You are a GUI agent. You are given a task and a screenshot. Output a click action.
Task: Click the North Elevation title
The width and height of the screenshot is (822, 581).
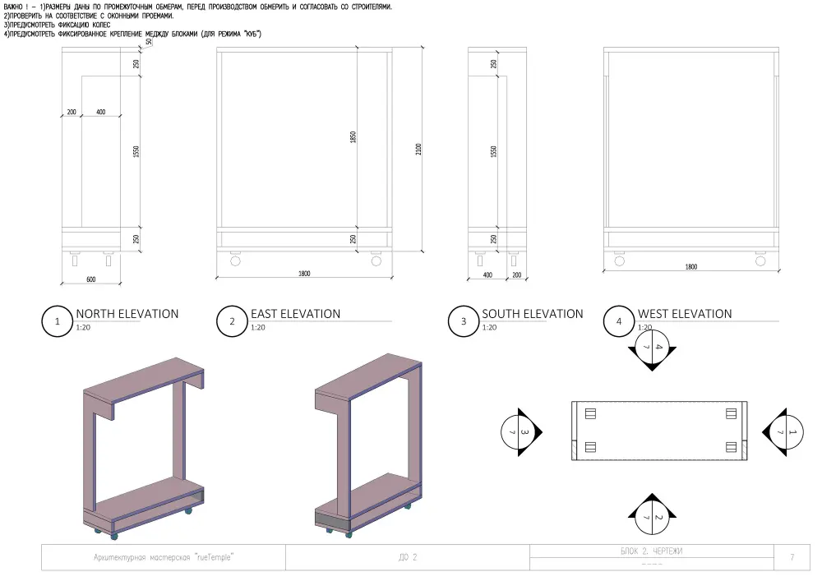(127, 314)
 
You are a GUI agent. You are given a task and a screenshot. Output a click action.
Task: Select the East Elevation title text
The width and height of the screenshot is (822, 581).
(296, 314)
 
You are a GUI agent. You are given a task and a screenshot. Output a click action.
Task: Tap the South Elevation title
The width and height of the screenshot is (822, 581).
(533, 314)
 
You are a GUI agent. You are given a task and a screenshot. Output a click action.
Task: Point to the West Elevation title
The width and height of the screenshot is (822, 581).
(685, 314)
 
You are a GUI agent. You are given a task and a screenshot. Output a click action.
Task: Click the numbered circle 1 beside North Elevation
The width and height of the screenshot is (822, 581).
(58, 321)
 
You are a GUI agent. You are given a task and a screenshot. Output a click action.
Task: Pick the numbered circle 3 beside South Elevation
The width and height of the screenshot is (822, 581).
(464, 321)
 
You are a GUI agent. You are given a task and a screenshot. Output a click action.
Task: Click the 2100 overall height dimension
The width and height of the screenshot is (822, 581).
(418, 150)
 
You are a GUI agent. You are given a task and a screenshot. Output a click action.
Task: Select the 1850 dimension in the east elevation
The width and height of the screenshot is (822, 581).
(353, 137)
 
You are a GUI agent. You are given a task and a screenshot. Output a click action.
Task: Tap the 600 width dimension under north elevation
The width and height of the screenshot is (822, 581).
(90, 279)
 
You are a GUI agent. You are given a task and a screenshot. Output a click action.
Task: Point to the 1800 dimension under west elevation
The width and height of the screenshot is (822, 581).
(691, 266)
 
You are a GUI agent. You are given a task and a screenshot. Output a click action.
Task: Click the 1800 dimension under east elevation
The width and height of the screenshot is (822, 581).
(304, 274)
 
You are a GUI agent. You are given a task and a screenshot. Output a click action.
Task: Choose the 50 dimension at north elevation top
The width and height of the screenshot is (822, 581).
(149, 42)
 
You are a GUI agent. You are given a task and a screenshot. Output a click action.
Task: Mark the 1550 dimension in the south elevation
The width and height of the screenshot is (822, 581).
(493, 152)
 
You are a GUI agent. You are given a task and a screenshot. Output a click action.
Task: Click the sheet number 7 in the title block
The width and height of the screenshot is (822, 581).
(792, 557)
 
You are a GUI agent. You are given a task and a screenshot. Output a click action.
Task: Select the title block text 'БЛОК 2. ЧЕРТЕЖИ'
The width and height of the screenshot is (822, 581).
(652, 551)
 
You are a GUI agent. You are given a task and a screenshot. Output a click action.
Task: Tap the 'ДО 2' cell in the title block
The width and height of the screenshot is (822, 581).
(408, 557)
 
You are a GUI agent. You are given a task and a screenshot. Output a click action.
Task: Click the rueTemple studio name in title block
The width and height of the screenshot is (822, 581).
(163, 557)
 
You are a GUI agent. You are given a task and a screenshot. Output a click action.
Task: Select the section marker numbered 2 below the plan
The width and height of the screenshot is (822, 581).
(652, 514)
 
